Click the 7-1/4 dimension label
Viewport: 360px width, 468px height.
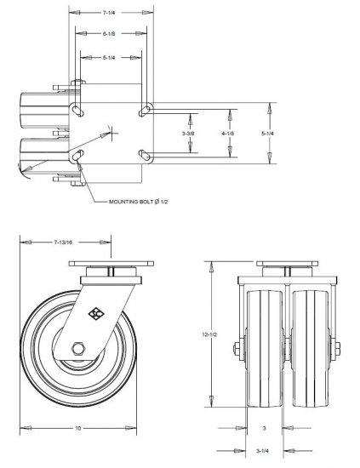click(x=109, y=14)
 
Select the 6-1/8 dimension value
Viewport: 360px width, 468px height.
click(x=109, y=35)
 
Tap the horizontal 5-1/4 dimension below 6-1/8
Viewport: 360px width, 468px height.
click(x=109, y=57)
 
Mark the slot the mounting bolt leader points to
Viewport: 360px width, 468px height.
click(x=79, y=156)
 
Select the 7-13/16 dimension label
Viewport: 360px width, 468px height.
click(x=66, y=243)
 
